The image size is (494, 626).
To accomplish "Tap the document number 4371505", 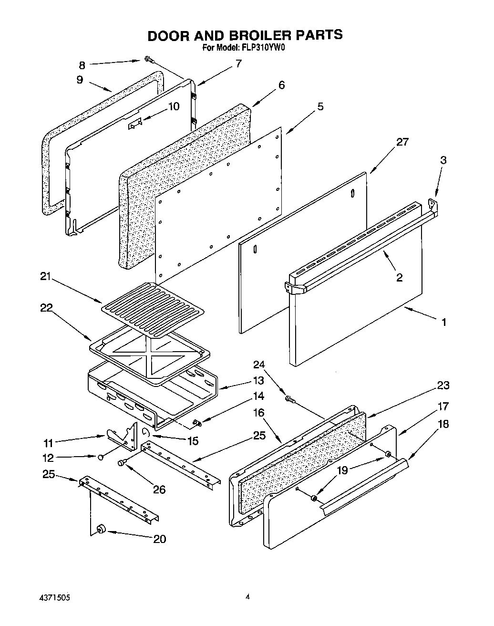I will (x=54, y=597).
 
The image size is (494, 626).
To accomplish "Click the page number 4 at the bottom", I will (x=247, y=596).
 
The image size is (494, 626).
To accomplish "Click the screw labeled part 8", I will (x=148, y=60).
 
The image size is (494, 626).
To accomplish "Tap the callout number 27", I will (x=402, y=142).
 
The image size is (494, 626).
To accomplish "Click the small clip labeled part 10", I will (x=134, y=124).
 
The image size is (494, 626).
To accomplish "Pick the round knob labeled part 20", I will (x=101, y=529).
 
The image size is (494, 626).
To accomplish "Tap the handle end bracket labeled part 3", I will (x=433, y=206).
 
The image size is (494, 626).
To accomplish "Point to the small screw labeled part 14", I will (x=197, y=422).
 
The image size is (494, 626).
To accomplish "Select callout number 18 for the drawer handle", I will (x=443, y=424).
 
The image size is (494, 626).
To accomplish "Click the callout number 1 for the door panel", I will (x=443, y=322).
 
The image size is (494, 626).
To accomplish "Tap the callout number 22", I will (x=46, y=308).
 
